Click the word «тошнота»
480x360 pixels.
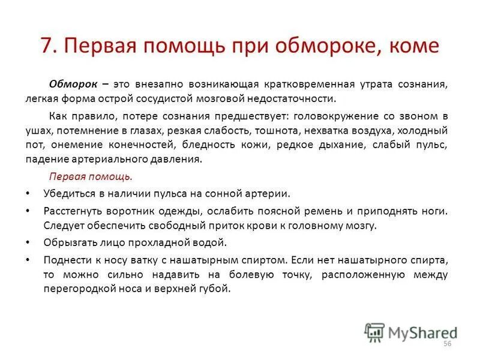tap(308, 130)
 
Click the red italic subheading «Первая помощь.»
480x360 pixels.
tap(90, 178)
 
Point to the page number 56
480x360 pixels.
tap(446, 343)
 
